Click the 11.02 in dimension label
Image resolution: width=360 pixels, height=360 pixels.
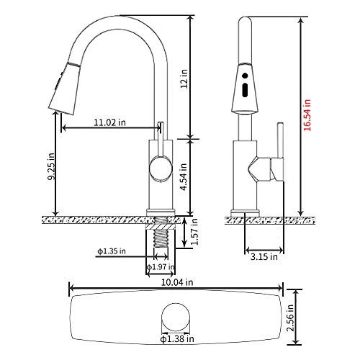click(107, 123)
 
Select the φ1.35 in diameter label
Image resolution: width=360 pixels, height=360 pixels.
click(111, 251)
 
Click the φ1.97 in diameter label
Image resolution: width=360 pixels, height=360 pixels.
click(162, 268)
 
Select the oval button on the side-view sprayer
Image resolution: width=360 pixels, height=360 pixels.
click(246, 89)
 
